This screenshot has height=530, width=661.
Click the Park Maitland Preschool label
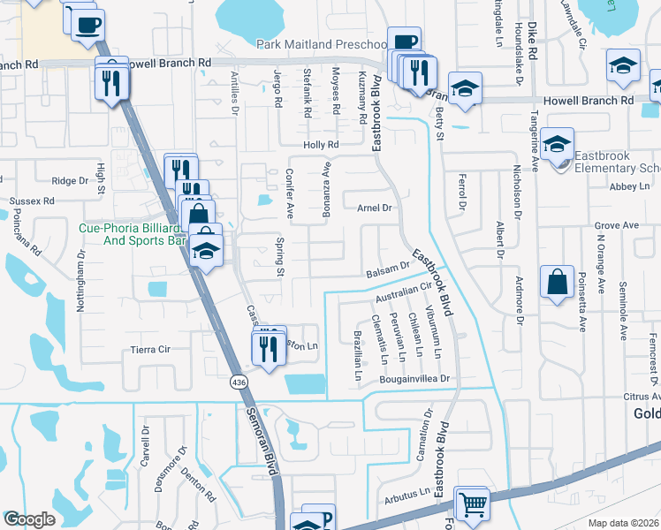(x=321, y=44)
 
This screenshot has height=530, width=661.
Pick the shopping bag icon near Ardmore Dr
(x=557, y=284)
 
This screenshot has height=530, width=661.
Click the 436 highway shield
(x=239, y=382)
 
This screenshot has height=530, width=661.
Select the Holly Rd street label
(x=321, y=145)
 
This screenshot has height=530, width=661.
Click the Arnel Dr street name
(x=374, y=208)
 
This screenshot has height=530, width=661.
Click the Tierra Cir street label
(x=132, y=349)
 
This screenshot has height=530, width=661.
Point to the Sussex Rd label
(x=27, y=201)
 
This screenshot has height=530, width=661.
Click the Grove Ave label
(x=616, y=226)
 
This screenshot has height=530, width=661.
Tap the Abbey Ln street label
(x=629, y=186)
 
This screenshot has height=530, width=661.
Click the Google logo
(x=29, y=519)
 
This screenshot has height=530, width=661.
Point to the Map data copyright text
(x=624, y=523)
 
